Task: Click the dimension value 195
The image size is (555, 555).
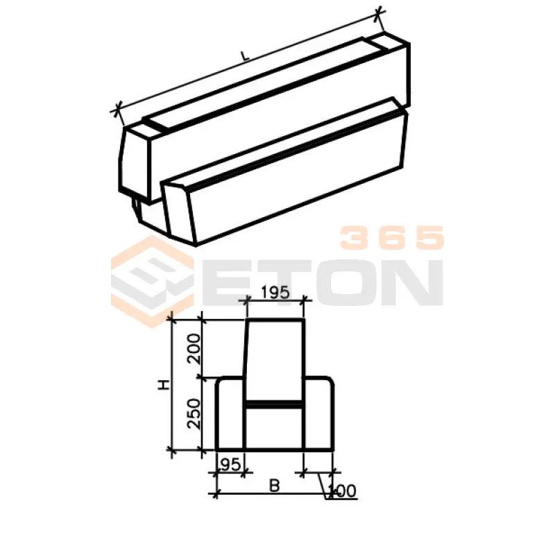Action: (x=275, y=292)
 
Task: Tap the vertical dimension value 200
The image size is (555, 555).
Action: (x=194, y=349)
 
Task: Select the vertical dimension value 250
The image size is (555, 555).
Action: (x=194, y=413)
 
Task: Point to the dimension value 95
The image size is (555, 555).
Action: (x=230, y=464)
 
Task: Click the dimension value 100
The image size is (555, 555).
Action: (x=342, y=490)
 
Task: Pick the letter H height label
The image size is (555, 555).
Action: (x=164, y=385)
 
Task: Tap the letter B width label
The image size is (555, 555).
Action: (x=275, y=486)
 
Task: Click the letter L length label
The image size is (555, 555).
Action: (x=245, y=56)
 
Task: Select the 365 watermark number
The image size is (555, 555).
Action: (x=392, y=237)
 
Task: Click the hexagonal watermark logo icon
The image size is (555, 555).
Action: (x=153, y=282)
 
